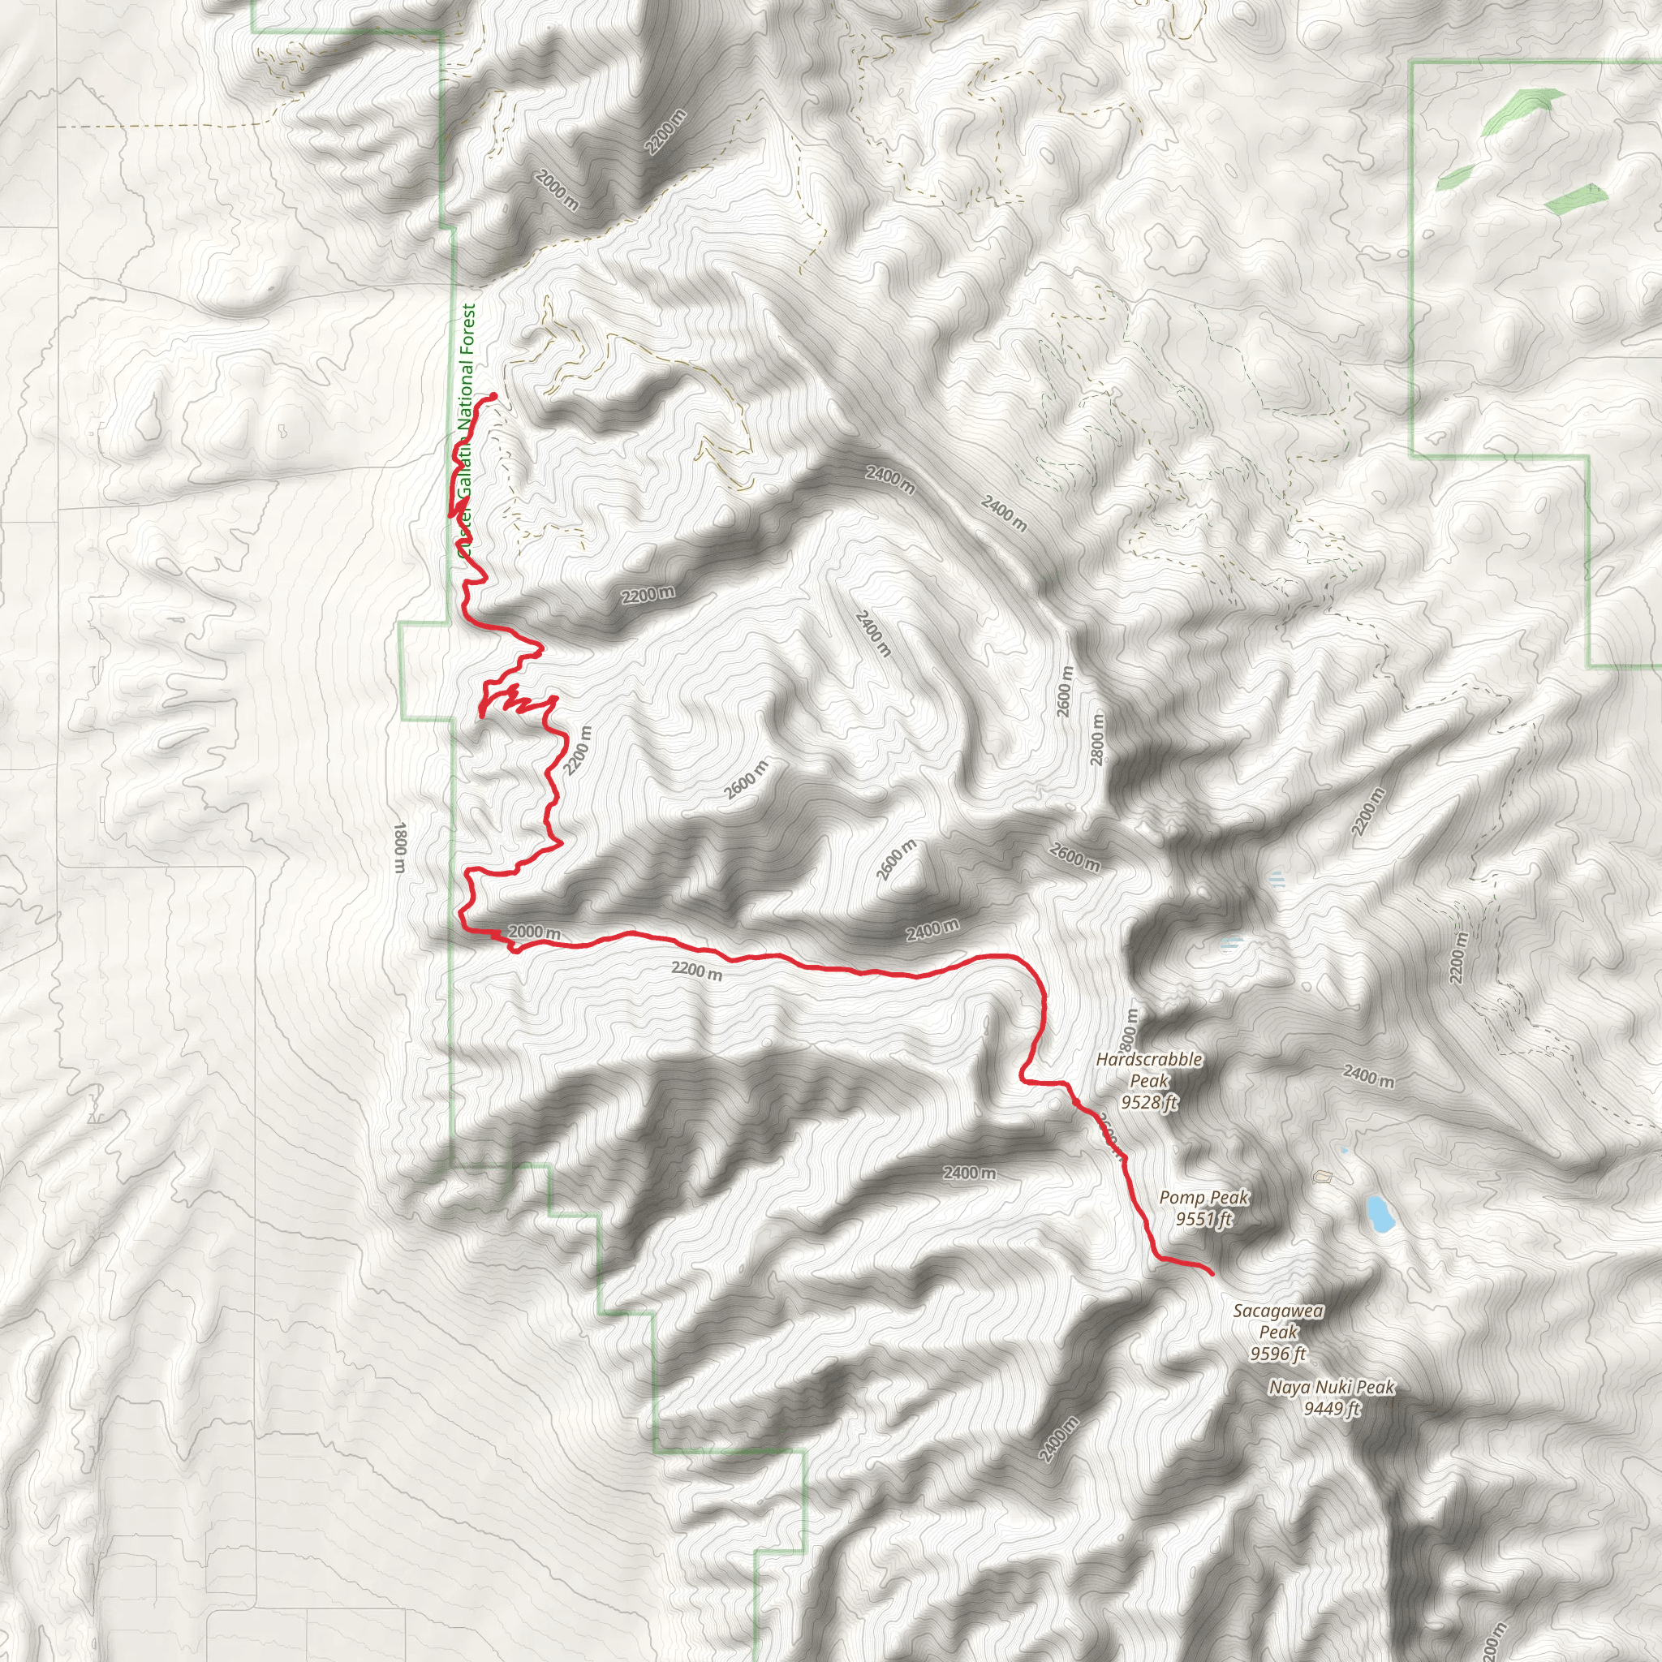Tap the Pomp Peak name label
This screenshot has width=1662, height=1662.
pyautogui.click(x=1203, y=1197)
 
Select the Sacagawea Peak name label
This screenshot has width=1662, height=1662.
pyautogui.click(x=1278, y=1321)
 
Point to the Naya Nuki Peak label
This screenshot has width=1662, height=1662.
pyautogui.click(x=1331, y=1387)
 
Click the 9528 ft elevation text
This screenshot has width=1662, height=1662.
pyautogui.click(x=1149, y=1102)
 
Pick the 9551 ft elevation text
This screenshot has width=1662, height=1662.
pyautogui.click(x=1203, y=1219)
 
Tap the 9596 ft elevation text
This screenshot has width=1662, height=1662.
pyautogui.click(x=1278, y=1354)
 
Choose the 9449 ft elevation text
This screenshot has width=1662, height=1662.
pyautogui.click(x=1332, y=1408)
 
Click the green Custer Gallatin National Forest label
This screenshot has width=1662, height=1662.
pyautogui.click(x=465, y=430)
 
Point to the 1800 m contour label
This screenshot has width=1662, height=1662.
pyautogui.click(x=399, y=846)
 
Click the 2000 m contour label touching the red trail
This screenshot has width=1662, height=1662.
pyautogui.click(x=534, y=932)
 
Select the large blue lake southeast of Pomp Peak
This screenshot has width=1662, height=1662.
pyautogui.click(x=1380, y=1213)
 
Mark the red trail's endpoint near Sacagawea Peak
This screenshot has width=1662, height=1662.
pyautogui.click(x=1212, y=1272)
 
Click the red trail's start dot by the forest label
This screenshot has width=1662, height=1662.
pyautogui.click(x=493, y=396)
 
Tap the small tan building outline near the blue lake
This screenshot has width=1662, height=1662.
pyautogui.click(x=1323, y=1176)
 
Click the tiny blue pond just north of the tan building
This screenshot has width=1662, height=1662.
pyautogui.click(x=1344, y=1150)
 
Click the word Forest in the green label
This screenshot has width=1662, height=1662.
pyautogui.click(x=467, y=330)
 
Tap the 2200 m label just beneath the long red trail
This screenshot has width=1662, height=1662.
pyautogui.click(x=697, y=971)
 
